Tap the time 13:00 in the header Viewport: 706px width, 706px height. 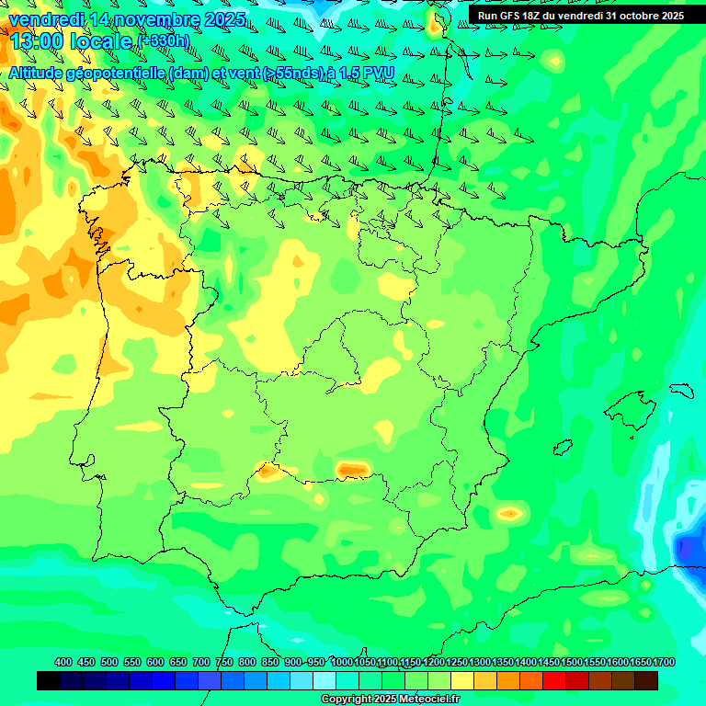click(34, 41)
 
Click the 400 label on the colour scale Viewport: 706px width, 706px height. click(63, 662)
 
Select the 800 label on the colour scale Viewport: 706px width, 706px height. click(247, 662)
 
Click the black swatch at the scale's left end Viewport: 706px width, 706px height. click(49, 680)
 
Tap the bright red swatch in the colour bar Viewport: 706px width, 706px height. click(553, 680)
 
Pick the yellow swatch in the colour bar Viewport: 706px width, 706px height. click(461, 680)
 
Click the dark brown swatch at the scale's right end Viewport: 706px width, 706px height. click(646, 680)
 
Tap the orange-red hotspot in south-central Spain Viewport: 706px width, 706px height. click(352, 470)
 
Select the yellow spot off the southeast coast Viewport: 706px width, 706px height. click(509, 513)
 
